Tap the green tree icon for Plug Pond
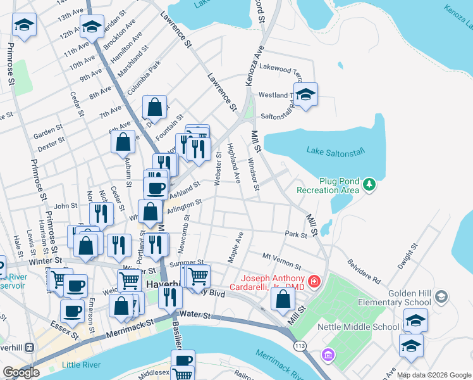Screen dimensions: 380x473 [369, 185]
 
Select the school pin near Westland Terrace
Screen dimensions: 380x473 [305, 95]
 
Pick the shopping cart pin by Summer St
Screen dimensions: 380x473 [198, 276]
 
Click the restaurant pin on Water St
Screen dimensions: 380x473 [170, 296]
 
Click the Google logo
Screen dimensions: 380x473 [21, 372]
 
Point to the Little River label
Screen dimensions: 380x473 [80, 365]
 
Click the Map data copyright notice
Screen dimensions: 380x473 [434, 375]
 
